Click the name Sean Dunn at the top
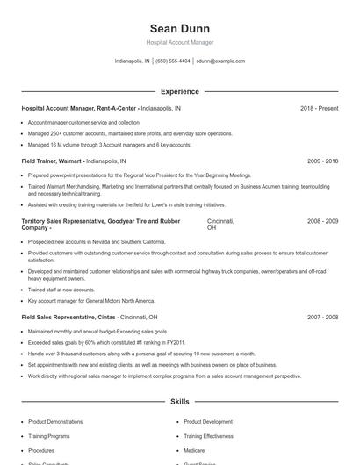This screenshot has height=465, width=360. coord(179,28)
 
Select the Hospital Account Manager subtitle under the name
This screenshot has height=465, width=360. coord(179,42)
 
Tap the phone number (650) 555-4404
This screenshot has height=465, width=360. coord(173,61)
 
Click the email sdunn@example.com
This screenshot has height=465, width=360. coord(220,61)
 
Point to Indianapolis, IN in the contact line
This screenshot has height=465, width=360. coord(133,61)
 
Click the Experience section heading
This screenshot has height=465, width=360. coord(179,91)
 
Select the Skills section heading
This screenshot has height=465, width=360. coord(179,401)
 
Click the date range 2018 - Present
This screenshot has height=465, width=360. coord(319,109)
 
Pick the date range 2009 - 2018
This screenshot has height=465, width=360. coord(322,161)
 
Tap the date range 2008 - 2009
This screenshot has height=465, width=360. coord(322,221)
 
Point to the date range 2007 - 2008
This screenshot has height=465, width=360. coord(322,317)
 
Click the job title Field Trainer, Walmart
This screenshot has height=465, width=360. coord(52,161)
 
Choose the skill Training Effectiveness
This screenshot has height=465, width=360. coord(209,436)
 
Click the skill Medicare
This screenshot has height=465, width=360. coord(194,450)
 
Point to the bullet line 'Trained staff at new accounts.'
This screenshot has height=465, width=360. coord(61,290)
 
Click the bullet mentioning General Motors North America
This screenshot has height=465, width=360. coord(91,300)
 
